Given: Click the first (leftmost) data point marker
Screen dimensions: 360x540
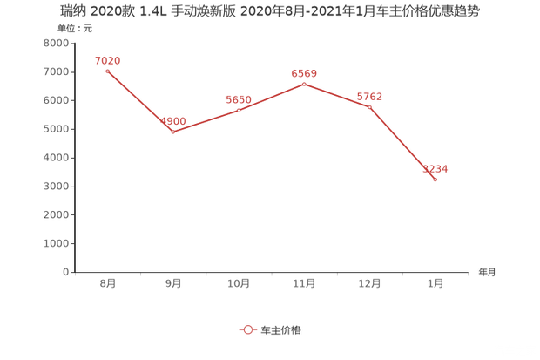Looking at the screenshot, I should (107, 71).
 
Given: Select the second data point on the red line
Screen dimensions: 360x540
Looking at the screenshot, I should (172, 132).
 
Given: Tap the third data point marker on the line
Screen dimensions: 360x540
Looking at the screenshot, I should (239, 110).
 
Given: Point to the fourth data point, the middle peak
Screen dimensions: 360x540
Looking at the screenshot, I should (304, 84).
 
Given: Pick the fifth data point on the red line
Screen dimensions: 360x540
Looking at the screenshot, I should (369, 107).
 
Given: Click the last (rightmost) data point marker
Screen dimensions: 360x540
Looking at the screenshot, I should (435, 180).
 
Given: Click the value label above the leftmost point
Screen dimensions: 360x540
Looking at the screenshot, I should (107, 59).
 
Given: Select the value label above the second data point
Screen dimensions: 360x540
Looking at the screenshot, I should (174, 120).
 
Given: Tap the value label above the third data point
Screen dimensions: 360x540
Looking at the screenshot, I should (239, 98).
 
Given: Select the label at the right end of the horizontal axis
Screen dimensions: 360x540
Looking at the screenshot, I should (485, 272).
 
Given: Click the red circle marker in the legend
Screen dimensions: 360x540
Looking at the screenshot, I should (246, 329).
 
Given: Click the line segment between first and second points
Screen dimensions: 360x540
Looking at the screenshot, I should (139, 101).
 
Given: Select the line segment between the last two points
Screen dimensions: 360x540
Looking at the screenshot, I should (402, 144).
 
